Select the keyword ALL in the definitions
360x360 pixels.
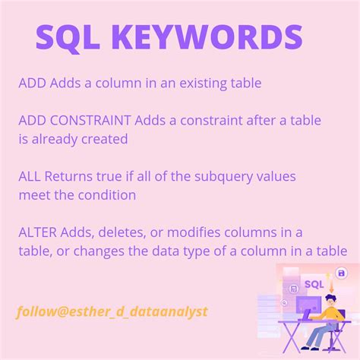pyautogui.click(x=30, y=176)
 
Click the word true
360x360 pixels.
pyautogui.click(x=110, y=176)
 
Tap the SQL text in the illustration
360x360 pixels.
pyautogui.click(x=314, y=285)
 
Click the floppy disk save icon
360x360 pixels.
pyautogui.click(x=342, y=273)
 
